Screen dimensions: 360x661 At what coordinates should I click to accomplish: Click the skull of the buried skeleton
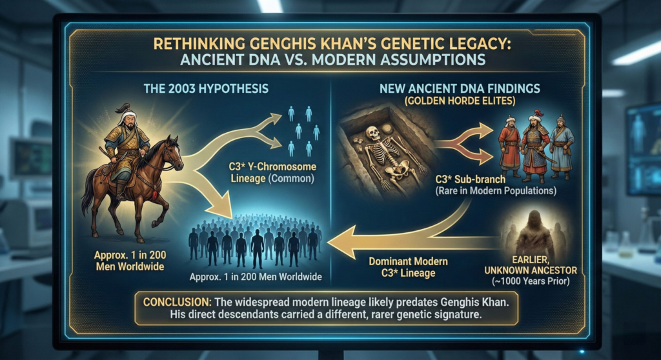pyautogui.click(x=372, y=134)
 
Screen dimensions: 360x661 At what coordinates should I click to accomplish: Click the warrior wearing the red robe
pyautogui.click(x=511, y=145)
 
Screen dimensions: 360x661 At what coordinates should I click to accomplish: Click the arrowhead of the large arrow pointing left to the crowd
pyautogui.click(x=339, y=242)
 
